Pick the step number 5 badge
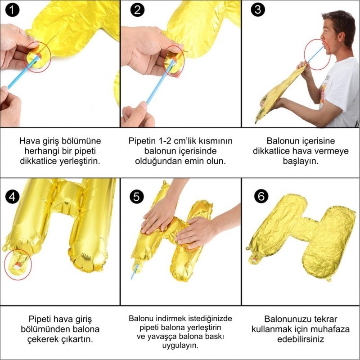135,196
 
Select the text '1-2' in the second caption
168,141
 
